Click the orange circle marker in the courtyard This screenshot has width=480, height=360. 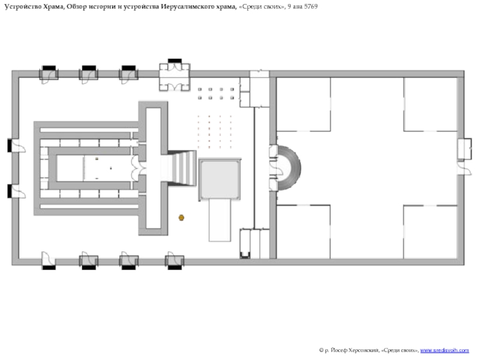tap(181, 218)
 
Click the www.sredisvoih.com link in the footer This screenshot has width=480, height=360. tap(445, 350)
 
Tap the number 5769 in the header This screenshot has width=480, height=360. tap(311, 7)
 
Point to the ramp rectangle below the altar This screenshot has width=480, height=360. tap(220, 220)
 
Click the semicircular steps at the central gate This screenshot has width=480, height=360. tap(289, 168)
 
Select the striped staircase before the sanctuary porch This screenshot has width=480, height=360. tap(182, 168)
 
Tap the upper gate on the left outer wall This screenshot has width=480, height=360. tap(16, 146)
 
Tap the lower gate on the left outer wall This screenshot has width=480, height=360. tap(16, 191)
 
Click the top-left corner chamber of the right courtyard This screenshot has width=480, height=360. tap(304, 104)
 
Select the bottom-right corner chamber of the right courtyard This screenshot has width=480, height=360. tap(430, 232)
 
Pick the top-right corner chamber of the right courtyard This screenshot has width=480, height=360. tap(430, 104)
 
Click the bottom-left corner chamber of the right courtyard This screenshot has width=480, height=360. tap(304, 232)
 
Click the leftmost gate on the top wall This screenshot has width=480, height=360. tap(49, 74)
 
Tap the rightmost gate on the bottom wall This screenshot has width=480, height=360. tap(175, 261)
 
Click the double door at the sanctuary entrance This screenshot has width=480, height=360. tap(136, 168)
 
